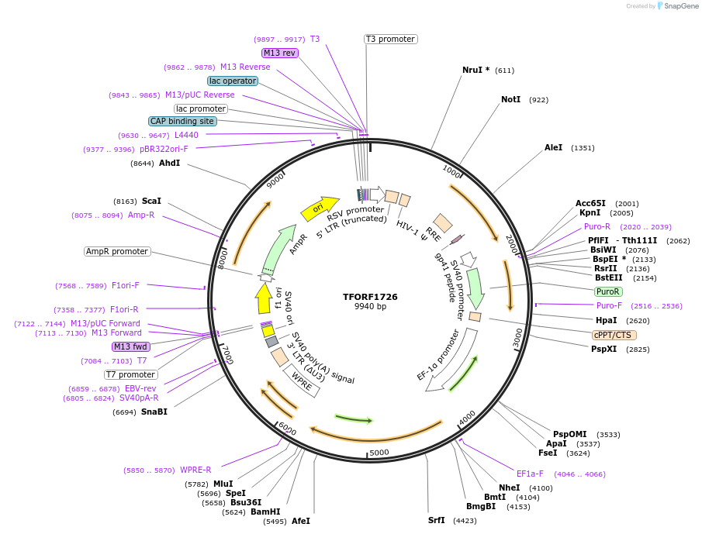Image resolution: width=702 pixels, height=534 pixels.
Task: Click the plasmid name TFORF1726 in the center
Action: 370,297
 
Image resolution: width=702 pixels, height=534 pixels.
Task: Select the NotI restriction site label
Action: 510,100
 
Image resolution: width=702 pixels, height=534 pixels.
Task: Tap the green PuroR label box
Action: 607,291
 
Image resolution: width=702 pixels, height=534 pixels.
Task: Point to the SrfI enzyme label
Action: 437,520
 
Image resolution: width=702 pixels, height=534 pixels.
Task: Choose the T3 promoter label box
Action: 390,39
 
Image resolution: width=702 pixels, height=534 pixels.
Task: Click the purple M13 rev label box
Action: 279,53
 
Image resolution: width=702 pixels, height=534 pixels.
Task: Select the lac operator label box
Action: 232,81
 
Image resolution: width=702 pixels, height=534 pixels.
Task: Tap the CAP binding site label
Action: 182,121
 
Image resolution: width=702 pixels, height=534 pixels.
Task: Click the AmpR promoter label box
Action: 117,251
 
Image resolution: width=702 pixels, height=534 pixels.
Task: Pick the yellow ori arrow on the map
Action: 320,207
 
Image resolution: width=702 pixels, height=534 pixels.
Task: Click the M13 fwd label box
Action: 130,346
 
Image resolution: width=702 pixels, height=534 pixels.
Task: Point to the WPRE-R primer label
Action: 195,470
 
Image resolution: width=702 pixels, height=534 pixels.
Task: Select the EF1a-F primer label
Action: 530,474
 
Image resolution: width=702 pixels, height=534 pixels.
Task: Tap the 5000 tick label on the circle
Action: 379,453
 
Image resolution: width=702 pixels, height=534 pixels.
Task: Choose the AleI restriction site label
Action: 553,147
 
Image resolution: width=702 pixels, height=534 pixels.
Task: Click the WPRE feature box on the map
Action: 302,380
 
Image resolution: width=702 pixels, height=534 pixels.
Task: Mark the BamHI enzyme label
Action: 265,512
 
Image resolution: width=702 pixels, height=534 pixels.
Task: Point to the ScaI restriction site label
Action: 151,201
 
